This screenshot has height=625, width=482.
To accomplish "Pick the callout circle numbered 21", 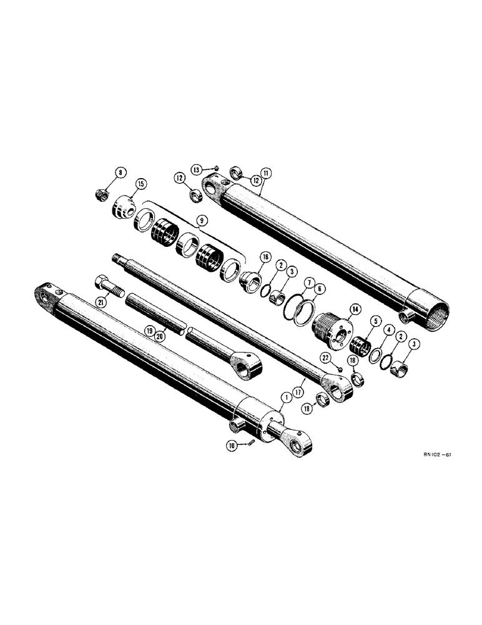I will click(x=101, y=302).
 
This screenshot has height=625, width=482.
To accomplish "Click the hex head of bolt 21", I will click(x=102, y=284).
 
